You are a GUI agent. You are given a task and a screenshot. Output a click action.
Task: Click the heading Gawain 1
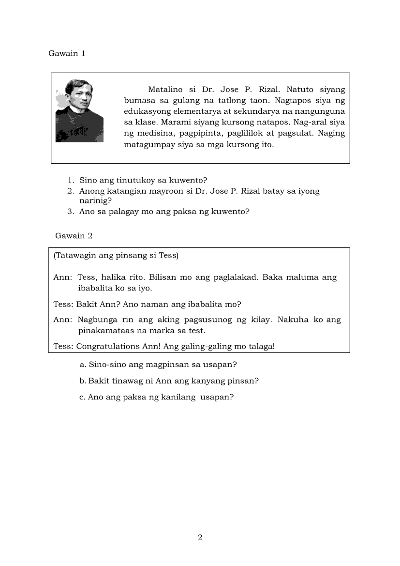(x=67, y=53)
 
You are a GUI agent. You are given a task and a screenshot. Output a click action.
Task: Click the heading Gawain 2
(x=74, y=236)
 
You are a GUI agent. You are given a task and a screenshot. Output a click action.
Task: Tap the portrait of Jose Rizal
(x=79, y=110)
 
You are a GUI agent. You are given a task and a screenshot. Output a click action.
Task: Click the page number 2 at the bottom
(x=200, y=537)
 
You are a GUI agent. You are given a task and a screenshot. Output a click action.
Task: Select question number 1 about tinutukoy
(x=143, y=180)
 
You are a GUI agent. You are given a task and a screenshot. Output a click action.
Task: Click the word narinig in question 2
(x=95, y=200)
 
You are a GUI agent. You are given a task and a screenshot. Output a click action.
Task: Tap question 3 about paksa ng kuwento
(x=164, y=211)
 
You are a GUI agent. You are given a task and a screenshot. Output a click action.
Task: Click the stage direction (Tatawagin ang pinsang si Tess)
(x=116, y=256)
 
